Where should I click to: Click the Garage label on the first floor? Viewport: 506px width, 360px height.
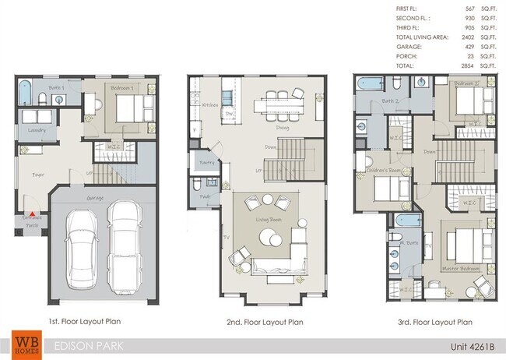pos(96,199)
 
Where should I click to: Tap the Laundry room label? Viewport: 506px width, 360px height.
pos(36,130)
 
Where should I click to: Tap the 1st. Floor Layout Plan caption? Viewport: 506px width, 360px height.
pos(85,320)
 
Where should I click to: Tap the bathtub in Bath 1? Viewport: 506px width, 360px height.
pos(23,94)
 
